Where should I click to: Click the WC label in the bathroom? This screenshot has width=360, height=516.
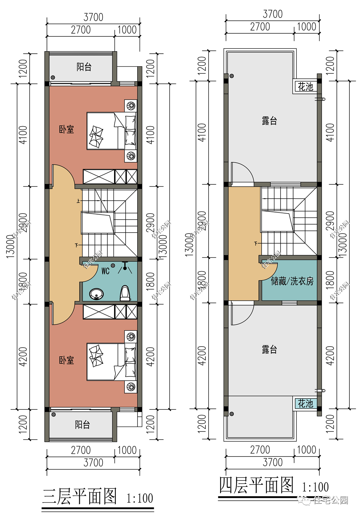click(105, 271)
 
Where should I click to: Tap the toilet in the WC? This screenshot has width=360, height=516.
click(125, 293)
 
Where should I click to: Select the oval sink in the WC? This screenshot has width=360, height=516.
click(96, 294)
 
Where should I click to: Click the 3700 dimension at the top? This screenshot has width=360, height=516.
click(93, 17)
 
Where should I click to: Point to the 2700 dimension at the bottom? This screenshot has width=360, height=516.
click(80, 450)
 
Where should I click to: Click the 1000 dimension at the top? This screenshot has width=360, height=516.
click(127, 30)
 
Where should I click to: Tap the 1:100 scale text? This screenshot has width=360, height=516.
click(140, 498)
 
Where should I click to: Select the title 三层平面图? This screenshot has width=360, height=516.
click(79, 496)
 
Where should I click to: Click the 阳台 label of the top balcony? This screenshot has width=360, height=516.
click(84, 67)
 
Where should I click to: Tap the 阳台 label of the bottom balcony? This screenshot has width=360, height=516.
click(83, 425)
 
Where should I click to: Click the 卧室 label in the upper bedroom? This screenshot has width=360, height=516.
click(66, 129)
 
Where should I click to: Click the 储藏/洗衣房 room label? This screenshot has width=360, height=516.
click(292, 281)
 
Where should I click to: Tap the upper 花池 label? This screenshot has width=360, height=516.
click(305, 87)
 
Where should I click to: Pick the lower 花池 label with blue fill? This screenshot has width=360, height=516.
click(305, 404)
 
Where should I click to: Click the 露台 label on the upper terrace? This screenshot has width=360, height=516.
click(269, 121)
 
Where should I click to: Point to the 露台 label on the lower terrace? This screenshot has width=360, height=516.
click(269, 350)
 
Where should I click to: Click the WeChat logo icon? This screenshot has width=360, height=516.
click(303, 499)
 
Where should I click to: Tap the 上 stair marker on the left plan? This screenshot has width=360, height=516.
click(78, 201)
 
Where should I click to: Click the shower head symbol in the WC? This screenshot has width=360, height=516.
click(125, 268)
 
